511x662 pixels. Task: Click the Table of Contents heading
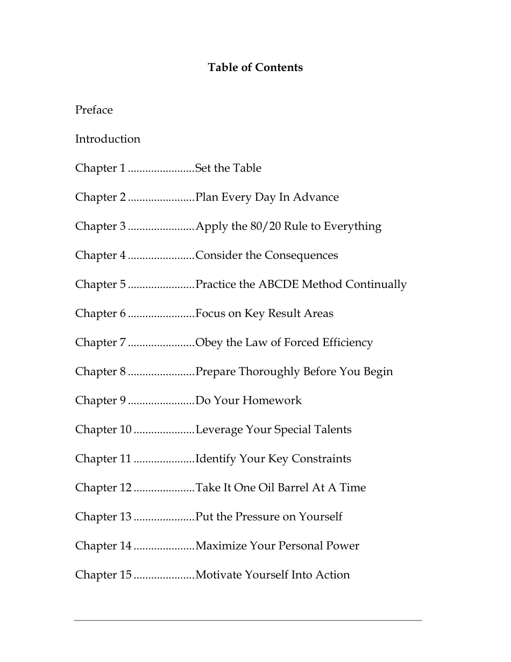click(256, 67)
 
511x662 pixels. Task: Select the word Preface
click(94, 110)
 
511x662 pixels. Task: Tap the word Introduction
click(108, 139)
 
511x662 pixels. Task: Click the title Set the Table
click(228, 168)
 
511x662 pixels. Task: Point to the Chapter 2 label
click(101, 197)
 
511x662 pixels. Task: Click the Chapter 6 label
click(101, 313)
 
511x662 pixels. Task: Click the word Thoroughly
click(269, 371)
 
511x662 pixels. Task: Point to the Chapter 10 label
click(103, 429)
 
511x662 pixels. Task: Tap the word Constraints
click(321, 459)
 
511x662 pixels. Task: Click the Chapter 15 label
click(103, 575)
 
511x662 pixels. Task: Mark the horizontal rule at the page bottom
click(248, 621)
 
